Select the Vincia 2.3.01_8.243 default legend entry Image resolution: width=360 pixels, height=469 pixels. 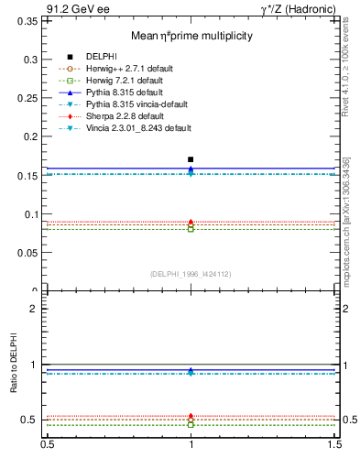(x=137, y=128)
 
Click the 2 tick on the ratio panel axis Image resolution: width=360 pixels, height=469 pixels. (x=34, y=309)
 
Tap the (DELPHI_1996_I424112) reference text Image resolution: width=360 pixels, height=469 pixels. (x=191, y=273)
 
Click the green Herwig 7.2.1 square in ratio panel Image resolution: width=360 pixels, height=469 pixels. (x=191, y=424)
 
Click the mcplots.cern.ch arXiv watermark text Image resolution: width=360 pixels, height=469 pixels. (x=348, y=220)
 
